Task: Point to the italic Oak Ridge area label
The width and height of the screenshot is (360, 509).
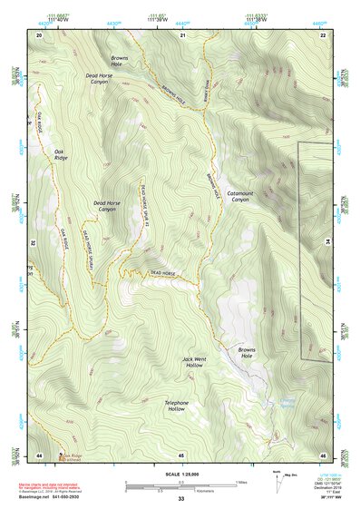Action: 60,155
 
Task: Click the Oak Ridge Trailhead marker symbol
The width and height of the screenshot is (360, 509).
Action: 61,456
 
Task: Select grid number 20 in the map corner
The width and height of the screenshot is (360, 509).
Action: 39,34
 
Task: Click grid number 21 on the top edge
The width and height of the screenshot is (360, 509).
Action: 182,34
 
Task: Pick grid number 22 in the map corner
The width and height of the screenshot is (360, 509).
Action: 323,34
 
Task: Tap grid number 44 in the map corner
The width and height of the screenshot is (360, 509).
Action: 39,454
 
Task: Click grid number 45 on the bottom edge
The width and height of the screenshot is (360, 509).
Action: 181,454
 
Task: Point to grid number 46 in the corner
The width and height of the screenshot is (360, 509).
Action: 323,454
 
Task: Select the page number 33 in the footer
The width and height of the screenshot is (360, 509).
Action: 180,499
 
